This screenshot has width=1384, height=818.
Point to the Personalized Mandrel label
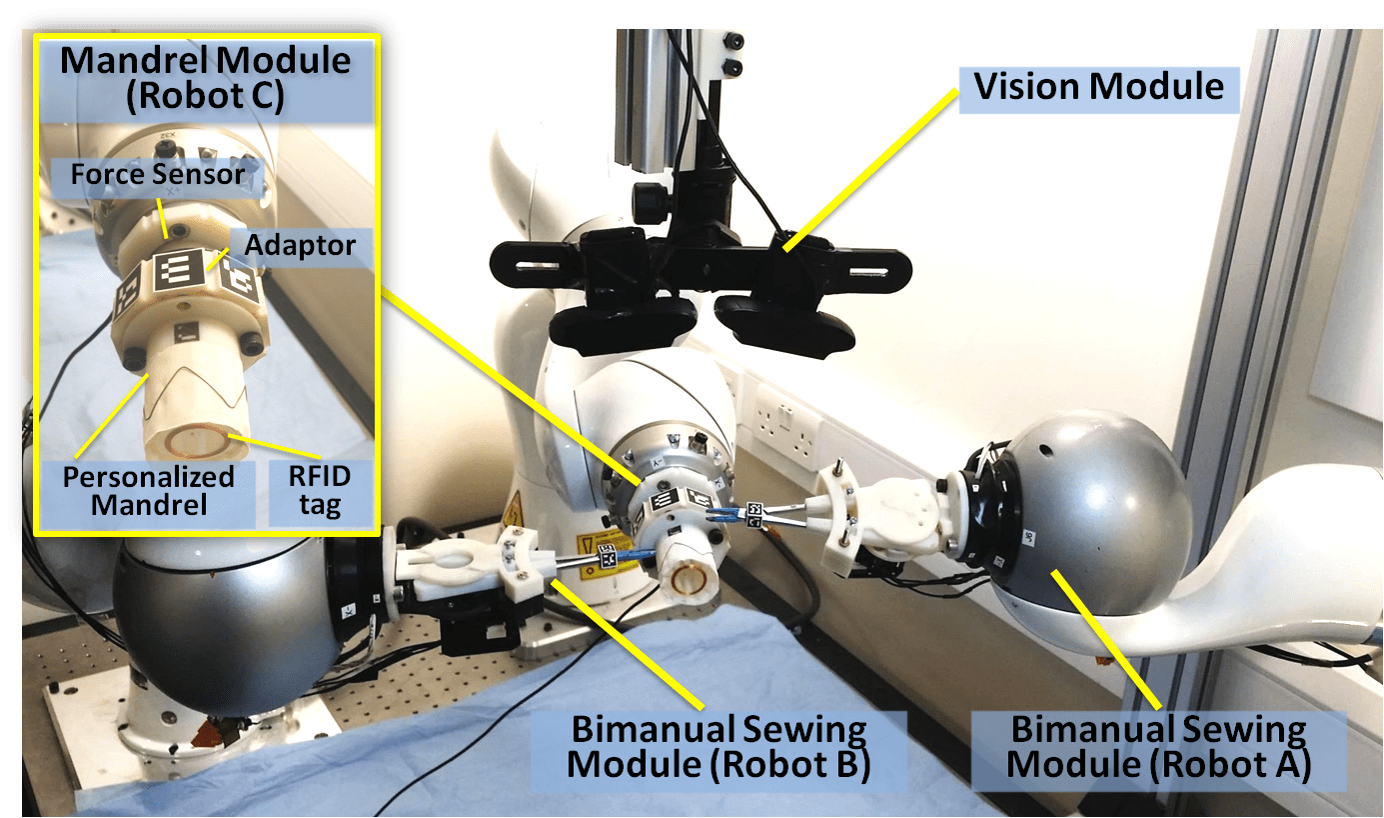pos(148,492)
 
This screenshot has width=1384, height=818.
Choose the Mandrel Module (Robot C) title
pos(206,78)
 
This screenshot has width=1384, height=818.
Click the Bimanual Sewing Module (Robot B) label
pos(717,748)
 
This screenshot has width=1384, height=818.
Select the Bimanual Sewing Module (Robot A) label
pos(1159,748)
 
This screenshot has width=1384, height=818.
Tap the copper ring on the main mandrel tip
pos(688,579)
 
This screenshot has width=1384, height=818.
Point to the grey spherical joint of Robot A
pos(1087,513)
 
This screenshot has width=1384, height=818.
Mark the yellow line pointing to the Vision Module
pos(871,170)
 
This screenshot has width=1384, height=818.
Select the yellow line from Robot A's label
pos(1106,640)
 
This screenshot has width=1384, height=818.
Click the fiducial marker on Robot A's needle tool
pos(754,514)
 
